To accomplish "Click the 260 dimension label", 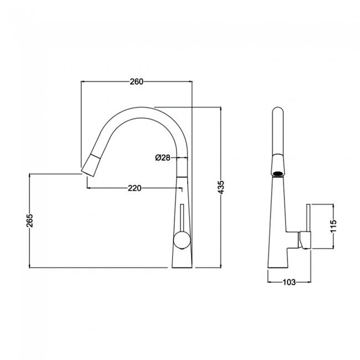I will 136,82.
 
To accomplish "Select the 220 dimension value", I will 133,188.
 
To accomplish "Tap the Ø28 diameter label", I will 162,158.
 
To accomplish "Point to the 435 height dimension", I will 221,187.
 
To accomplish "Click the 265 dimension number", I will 29,220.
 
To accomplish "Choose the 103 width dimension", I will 288,282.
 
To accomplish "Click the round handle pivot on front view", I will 181,240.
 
